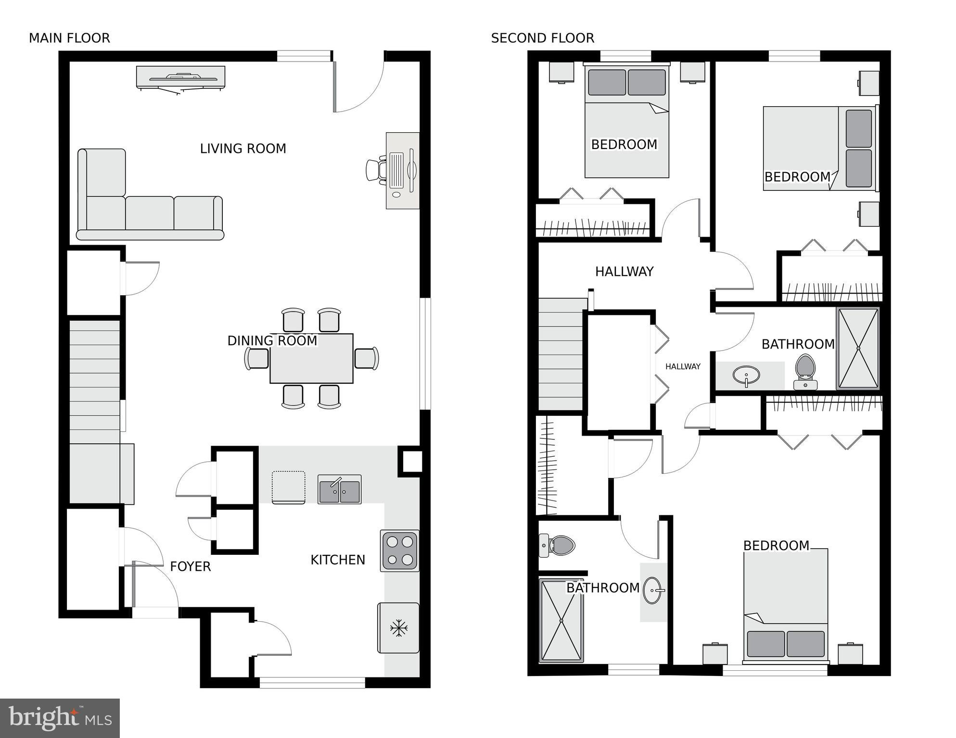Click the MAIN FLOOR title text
tap(69, 38)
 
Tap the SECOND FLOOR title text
tap(542, 38)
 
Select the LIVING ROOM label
tap(243, 149)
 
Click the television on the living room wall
tap(180, 77)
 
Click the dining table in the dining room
tap(311, 359)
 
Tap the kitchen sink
tap(339, 489)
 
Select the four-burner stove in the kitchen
tap(399, 550)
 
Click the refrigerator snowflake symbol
tap(398, 628)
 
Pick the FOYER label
tap(191, 566)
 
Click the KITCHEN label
tap(338, 560)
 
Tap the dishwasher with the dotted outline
tap(288, 487)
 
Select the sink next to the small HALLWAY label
tap(746, 375)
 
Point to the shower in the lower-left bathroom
tap(561, 621)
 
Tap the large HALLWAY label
tap(624, 272)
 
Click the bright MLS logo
tap(60, 718)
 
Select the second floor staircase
tap(561, 354)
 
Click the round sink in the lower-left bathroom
tap(654, 590)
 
